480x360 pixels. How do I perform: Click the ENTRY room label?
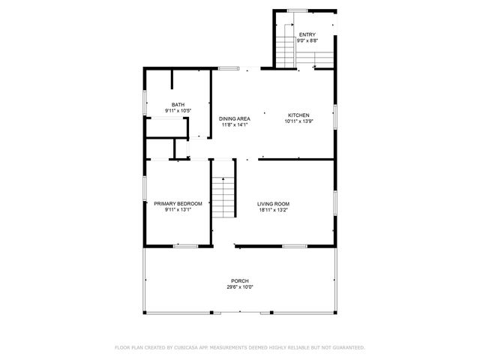[x=307, y=35]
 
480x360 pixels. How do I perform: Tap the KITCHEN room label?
[x=298, y=115]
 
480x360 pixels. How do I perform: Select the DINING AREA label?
[x=235, y=118]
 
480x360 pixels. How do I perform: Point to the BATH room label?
[x=178, y=105]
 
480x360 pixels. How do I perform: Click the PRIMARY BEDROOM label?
[x=178, y=204]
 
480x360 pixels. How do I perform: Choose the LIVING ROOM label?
[x=273, y=204]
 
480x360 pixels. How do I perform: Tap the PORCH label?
[x=240, y=280]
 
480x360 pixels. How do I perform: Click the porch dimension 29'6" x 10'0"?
[x=240, y=286]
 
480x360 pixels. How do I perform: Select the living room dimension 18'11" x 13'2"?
[x=273, y=210]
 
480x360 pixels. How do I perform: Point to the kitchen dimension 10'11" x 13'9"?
[x=298, y=121]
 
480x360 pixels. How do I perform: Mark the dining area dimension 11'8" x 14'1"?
[x=235, y=124]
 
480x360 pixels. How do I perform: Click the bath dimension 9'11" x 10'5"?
[x=178, y=111]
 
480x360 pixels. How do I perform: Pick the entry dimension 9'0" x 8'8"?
[x=307, y=41]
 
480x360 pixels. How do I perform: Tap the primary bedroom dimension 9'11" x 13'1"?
[x=178, y=210]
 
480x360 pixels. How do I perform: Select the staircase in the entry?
[x=286, y=46]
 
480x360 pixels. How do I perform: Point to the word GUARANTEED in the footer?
[x=346, y=347]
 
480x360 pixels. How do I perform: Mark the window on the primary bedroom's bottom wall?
[x=185, y=245]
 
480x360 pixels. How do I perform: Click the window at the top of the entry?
[x=298, y=10]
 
